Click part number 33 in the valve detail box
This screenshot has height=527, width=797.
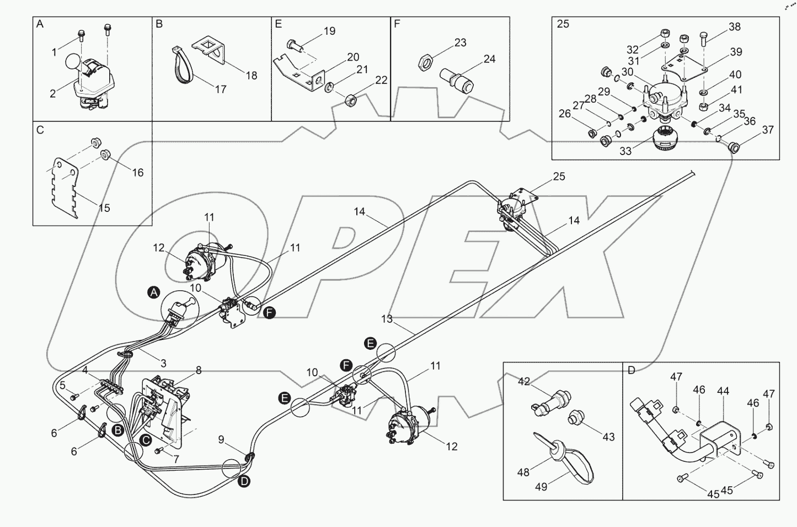625,151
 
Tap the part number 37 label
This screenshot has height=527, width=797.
768,130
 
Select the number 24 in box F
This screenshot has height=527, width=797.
489,59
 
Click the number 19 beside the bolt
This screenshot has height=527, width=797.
329,31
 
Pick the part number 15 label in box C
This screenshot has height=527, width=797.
104,208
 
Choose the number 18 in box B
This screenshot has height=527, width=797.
252,76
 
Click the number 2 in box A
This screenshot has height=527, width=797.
52,94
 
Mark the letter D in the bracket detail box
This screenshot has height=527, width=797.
632,370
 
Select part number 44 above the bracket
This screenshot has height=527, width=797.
723,391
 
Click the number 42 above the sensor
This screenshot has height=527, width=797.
523,381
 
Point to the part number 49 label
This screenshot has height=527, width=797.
541,487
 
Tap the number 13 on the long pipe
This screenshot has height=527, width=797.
387,319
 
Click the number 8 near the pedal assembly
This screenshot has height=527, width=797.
199,371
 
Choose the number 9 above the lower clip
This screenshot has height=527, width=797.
221,440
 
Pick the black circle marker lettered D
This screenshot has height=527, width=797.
244,482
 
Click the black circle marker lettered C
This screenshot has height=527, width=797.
145,440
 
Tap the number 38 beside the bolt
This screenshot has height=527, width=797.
734,26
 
